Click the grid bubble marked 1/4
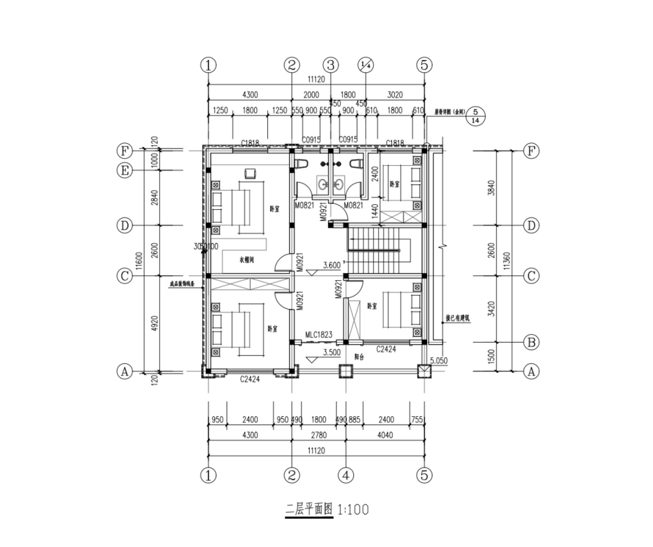366,65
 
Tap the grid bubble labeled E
125,171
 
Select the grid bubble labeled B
530,342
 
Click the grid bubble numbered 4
346,475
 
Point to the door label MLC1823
319,335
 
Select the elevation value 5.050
438,360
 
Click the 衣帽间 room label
248,260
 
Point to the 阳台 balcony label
359,357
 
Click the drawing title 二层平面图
309,510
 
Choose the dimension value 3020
395,94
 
